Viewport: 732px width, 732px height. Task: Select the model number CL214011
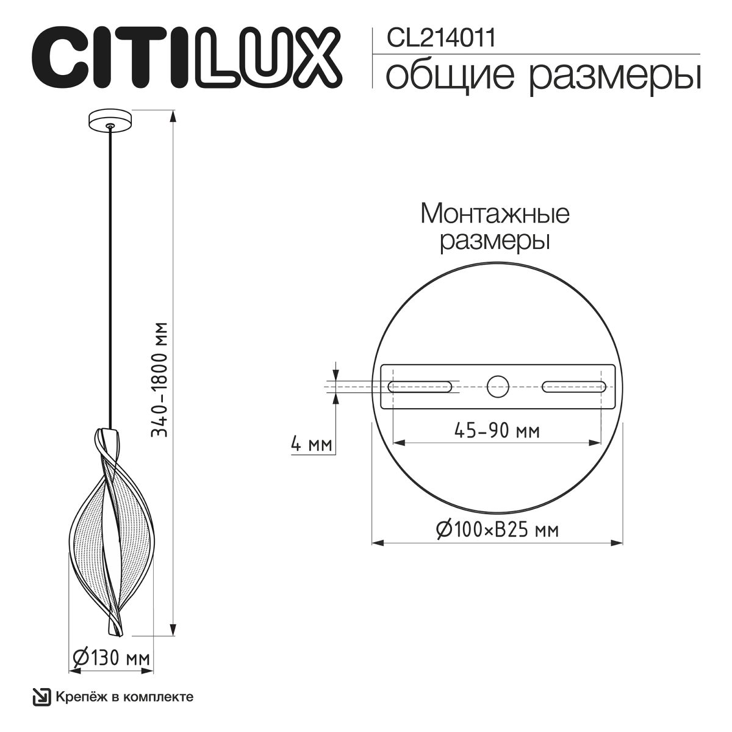click(x=441, y=38)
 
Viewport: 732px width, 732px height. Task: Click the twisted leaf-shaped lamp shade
click(x=110, y=525)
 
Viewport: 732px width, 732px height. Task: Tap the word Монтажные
click(x=495, y=214)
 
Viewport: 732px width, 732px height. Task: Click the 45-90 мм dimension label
click(x=497, y=432)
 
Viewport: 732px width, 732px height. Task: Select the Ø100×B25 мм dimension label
click(x=497, y=530)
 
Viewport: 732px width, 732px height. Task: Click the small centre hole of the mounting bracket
click(x=497, y=386)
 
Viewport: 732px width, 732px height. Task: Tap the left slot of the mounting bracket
click(x=420, y=386)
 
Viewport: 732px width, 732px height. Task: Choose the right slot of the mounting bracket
click(x=573, y=386)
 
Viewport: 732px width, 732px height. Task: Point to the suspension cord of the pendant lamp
click(x=110, y=274)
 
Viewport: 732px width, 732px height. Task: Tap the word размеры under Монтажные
click(x=495, y=241)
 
